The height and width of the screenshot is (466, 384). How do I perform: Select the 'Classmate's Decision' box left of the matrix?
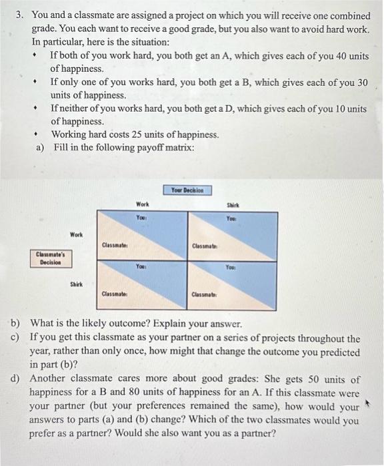tap(55, 258)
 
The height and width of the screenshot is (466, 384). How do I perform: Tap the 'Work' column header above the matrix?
tap(142, 204)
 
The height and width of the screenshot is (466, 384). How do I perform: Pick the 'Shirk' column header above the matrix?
tap(232, 205)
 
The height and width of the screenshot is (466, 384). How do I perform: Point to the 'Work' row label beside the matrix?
tap(77, 234)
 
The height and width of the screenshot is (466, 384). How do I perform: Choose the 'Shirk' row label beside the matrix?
tap(78, 284)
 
